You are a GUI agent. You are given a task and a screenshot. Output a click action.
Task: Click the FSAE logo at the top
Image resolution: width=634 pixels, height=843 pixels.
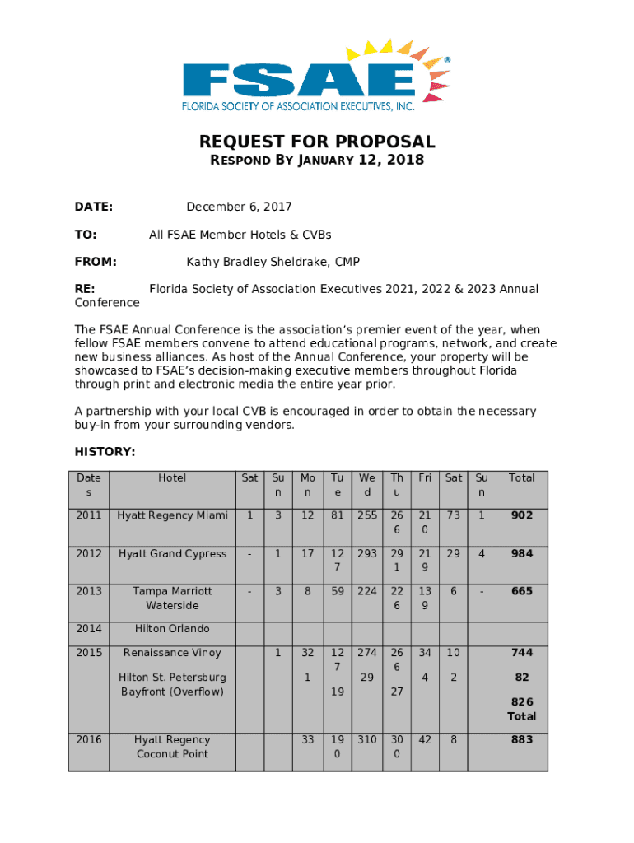316,74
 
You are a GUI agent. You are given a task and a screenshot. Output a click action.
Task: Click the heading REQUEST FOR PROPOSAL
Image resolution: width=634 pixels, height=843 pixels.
317,142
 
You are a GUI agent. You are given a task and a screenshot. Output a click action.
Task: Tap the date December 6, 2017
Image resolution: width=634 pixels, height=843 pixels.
239,207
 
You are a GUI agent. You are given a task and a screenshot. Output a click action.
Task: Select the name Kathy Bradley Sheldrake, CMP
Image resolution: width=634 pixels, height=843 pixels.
273,262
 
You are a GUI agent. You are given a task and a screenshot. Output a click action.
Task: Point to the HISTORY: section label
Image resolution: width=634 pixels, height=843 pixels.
105,452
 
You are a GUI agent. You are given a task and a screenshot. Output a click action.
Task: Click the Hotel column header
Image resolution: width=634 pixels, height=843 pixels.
172,477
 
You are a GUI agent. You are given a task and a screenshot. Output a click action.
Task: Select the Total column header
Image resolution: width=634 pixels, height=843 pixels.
521,477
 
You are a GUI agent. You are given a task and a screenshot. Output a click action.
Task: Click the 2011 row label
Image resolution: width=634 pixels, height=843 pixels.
89,515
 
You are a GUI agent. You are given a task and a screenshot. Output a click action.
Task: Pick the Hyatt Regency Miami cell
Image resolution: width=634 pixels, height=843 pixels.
172,515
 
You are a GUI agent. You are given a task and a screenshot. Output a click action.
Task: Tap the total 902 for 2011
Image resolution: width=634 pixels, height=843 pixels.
521,515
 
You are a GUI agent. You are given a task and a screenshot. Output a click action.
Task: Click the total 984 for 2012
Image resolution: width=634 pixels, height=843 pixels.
521,553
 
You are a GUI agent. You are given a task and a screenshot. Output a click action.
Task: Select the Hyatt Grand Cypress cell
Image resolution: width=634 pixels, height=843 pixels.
172,553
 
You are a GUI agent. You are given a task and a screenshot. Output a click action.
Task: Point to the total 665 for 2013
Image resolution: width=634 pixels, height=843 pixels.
521,591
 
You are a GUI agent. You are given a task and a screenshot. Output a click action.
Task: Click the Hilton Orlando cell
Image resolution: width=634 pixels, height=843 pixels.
172,629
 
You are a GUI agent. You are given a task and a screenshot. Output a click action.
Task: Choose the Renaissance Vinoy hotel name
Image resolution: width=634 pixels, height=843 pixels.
172,653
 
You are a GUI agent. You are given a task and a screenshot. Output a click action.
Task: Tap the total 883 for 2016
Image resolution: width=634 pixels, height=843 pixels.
521,739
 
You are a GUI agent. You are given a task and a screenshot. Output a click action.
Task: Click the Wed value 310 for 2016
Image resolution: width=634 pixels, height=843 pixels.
366,739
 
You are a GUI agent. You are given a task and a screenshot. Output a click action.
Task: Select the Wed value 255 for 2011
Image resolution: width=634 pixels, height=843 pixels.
366,515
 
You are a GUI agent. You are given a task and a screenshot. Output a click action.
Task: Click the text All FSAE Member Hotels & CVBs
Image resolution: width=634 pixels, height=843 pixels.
240,235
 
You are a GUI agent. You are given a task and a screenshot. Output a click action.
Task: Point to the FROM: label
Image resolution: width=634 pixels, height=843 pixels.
96,262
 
